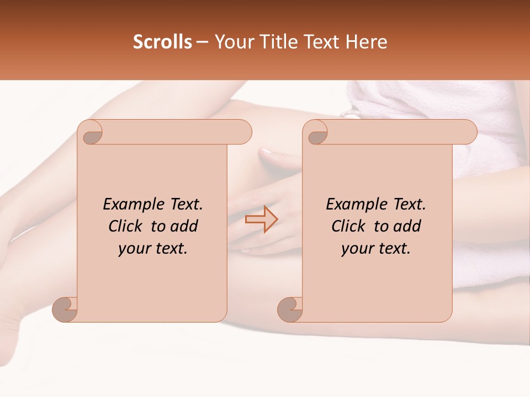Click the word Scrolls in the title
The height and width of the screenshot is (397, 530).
[x=162, y=42]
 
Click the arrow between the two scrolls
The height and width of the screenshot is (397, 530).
[x=261, y=219]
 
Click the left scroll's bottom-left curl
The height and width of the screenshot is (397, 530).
[x=65, y=309]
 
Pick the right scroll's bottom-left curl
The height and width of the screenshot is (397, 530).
[x=290, y=309]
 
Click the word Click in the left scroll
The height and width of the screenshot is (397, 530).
[x=127, y=226]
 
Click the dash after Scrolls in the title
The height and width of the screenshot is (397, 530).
[x=202, y=42]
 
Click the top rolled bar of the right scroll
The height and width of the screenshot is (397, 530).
[x=397, y=132]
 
